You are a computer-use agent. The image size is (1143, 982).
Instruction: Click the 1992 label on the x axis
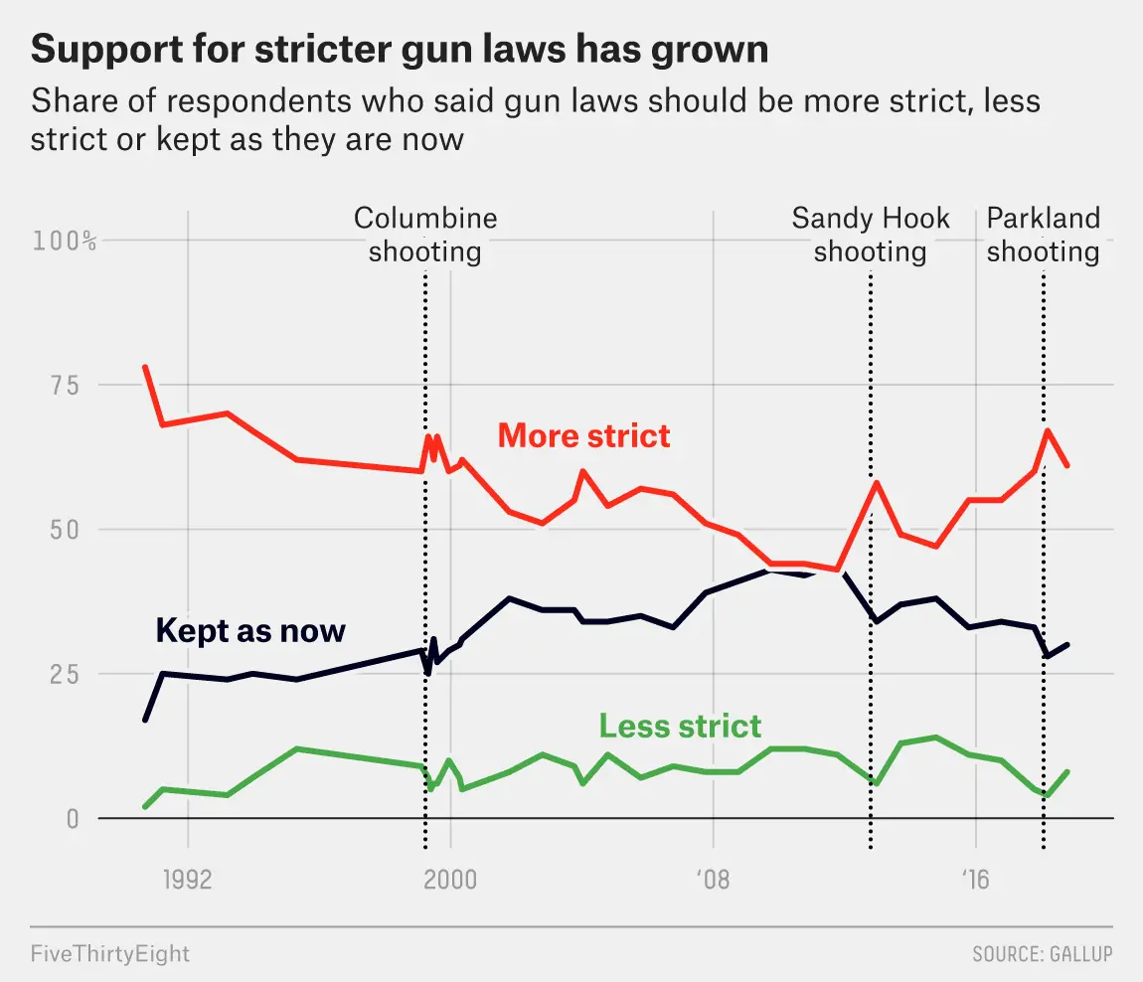(188, 880)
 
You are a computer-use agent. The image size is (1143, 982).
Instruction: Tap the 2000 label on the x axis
(450, 880)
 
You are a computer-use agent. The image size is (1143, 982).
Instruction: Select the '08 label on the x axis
(713, 880)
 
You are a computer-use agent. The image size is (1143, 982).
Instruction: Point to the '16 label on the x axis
(975, 880)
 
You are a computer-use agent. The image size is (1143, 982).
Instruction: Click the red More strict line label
(583, 435)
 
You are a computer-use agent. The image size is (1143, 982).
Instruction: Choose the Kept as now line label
(250, 630)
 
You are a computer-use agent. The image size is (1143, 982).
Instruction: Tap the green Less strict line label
(680, 726)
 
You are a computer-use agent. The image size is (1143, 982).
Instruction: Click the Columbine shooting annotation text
(425, 235)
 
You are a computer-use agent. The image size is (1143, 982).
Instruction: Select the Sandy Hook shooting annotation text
(871, 235)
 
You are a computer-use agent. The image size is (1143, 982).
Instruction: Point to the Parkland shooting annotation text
(1043, 235)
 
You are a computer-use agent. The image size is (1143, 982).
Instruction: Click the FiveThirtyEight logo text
(110, 954)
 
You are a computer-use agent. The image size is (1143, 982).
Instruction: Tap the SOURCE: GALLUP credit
(1042, 954)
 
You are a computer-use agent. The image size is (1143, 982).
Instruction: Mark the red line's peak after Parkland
(1048, 430)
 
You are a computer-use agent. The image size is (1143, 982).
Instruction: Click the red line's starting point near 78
(145, 367)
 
